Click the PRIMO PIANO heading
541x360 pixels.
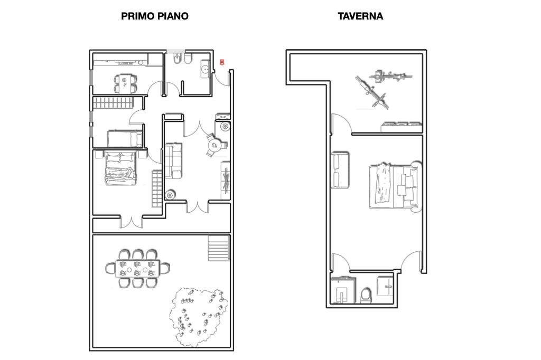(x=155, y=16)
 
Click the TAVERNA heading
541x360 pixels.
(x=360, y=16)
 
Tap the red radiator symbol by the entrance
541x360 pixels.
(x=222, y=62)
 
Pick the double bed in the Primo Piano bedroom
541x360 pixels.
(x=120, y=168)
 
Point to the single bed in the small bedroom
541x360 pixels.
(x=125, y=139)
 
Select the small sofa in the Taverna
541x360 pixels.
(x=340, y=170)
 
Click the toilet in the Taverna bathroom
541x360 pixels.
(x=366, y=295)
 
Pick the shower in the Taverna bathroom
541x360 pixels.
(x=342, y=290)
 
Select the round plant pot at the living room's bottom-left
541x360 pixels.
(x=170, y=195)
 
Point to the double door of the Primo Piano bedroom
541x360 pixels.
(x=131, y=221)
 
